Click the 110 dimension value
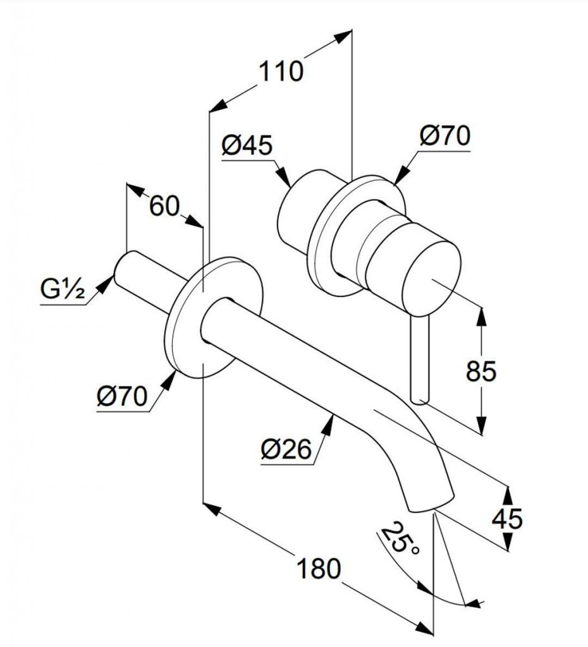tap(280, 71)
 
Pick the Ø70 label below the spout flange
tap(122, 397)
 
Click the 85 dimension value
tap(481, 372)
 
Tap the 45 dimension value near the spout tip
tap(508, 518)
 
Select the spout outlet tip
tap(430, 502)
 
